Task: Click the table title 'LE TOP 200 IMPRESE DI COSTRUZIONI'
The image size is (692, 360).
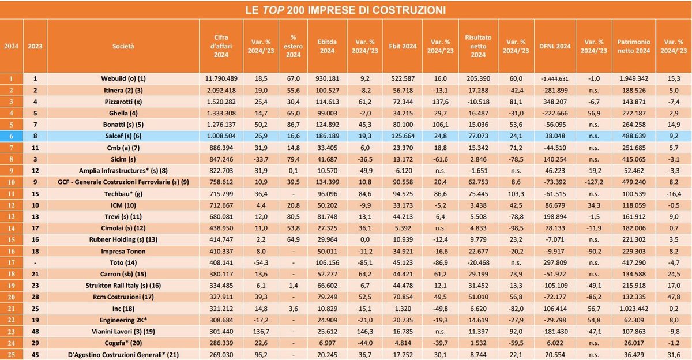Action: coord(346,10)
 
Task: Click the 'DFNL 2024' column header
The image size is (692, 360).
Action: coord(555,46)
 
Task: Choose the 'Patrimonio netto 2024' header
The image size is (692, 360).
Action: coord(634,46)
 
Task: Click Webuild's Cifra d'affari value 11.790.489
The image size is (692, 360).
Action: coord(222,78)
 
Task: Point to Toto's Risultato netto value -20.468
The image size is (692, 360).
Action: coord(479,262)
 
